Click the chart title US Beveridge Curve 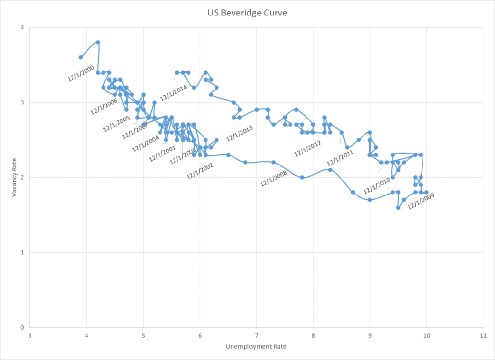coord(247,13)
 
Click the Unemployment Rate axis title coord(256,346)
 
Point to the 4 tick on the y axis coord(22,28)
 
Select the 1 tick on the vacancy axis coord(22,252)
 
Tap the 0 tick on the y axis coord(22,327)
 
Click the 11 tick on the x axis coord(483,335)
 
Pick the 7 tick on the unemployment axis coord(257,335)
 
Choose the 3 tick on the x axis coord(30,335)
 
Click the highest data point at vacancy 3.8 coord(98,42)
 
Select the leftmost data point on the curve coord(81,57)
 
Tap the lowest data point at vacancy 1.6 coord(398,207)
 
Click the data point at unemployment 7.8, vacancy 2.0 coord(302,177)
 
